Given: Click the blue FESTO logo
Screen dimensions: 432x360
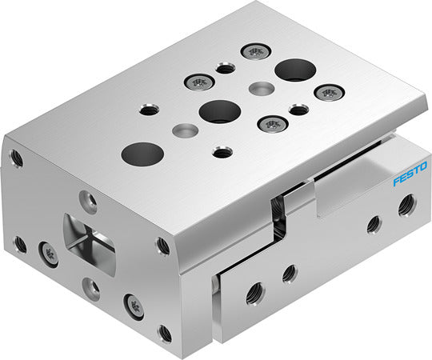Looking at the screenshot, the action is [410, 174].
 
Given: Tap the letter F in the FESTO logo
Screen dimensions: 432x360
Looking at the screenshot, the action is [397, 182].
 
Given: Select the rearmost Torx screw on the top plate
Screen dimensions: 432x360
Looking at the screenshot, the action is [256, 51].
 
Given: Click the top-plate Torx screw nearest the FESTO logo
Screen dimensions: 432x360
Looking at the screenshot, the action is [330, 93].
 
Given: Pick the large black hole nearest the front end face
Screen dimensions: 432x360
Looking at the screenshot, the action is [142, 154].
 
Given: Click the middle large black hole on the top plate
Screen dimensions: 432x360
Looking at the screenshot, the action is [220, 111].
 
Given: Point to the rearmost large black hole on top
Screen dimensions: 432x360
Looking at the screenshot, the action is [295, 70].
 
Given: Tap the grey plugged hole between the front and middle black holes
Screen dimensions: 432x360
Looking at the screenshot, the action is [185, 130].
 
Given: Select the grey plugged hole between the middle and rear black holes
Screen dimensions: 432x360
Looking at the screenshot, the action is [262, 88].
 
